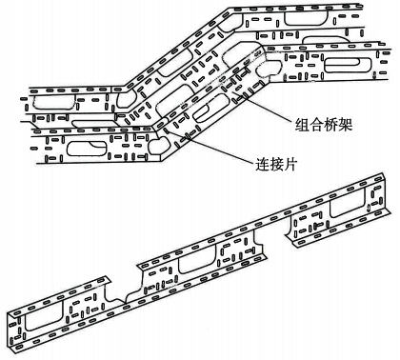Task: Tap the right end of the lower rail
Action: (389, 190)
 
